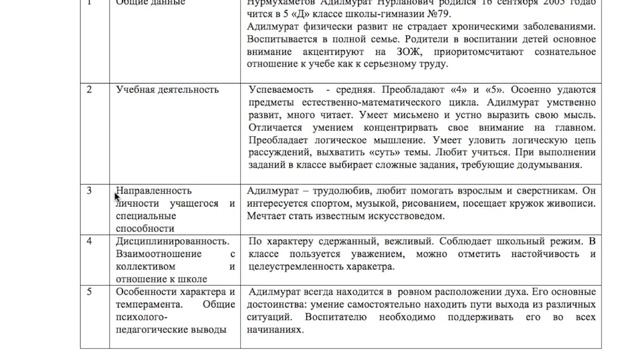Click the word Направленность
(x=151, y=189)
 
